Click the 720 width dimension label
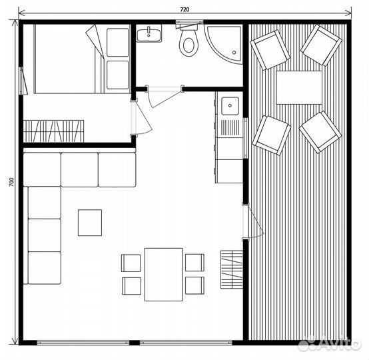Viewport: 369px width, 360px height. pos(184,9)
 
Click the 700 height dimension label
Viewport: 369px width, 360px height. pos(11,182)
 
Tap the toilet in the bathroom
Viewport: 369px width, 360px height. pos(188,41)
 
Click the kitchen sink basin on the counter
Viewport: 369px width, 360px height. pos(230,106)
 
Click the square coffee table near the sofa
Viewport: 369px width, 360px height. pos(90,223)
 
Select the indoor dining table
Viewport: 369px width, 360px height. pos(164,274)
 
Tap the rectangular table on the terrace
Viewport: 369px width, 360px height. pos(299,87)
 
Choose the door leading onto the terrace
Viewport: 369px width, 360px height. pos(253,222)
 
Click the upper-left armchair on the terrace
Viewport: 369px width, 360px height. pos(270,50)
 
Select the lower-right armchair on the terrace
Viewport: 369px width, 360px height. pos(320,132)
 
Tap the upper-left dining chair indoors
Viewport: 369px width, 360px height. pos(131,263)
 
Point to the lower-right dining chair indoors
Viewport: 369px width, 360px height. pos(194,285)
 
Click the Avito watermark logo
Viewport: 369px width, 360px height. pos(330,343)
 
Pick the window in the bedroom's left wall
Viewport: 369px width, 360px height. pos(23,81)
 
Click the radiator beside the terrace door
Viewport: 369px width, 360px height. pos(232,269)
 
